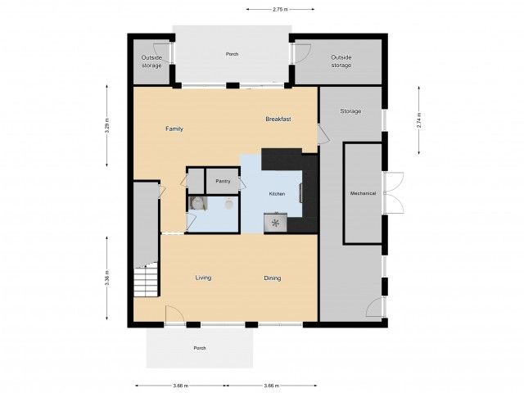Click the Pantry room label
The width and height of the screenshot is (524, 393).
[221, 181]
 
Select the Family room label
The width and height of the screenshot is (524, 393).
[174, 129]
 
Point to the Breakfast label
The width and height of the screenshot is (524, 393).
[278, 120]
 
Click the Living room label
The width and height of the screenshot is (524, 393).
[203, 278]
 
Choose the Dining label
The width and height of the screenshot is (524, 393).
[272, 278]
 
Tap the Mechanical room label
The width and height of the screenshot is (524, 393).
[363, 193]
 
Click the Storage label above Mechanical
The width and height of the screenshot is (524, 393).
[350, 111]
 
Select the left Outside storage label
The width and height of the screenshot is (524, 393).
[151, 61]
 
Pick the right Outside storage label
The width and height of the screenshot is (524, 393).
[341, 61]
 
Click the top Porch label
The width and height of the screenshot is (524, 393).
[232, 55]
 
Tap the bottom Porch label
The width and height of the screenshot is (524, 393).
[199, 348]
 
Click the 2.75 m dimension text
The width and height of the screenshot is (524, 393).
[280, 10]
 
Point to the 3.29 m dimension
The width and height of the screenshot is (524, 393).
[107, 129]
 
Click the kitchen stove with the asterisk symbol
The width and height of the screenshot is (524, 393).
[275, 222]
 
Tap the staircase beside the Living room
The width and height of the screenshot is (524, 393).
[145, 282]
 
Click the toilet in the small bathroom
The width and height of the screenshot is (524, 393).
[229, 204]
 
